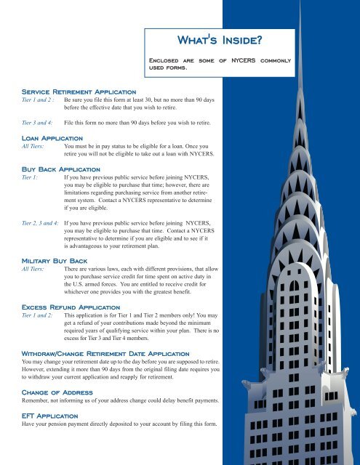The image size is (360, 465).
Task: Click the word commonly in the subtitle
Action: click(x=275, y=61)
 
